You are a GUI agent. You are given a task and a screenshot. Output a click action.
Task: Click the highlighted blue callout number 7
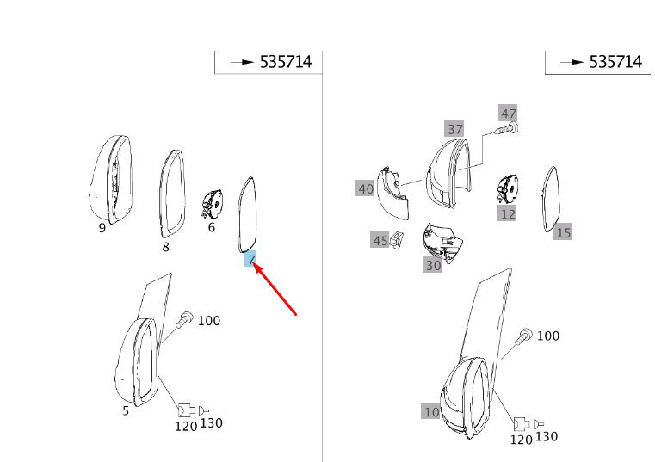pos(250,260)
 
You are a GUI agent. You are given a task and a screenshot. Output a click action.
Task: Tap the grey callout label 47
pos(508,114)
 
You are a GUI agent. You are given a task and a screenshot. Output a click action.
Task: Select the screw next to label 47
pos(506,128)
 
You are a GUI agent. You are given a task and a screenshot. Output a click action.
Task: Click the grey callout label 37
pos(454,129)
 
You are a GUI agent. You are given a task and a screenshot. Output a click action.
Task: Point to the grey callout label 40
pos(366,188)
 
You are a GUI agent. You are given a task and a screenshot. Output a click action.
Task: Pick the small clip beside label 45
pos(397,240)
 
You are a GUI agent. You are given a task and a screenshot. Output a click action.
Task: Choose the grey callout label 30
pos(432,265)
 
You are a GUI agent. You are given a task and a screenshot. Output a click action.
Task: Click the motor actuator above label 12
pos(507,188)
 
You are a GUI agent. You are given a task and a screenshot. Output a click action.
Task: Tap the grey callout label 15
pos(563,231)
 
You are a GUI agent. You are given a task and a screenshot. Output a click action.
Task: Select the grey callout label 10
pos(431,411)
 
